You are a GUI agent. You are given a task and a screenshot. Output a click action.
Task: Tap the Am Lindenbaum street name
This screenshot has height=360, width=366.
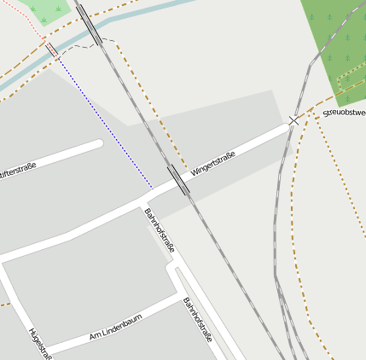(x=115, y=328)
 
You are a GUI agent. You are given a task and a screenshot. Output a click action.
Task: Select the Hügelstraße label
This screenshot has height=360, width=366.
(x=40, y=343)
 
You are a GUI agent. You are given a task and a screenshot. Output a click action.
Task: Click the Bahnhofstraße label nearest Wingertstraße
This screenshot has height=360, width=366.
(x=160, y=229)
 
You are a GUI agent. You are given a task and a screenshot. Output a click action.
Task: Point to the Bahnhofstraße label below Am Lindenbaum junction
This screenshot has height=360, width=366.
(x=198, y=319)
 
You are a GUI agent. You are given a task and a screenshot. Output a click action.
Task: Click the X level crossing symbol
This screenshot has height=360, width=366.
(x=294, y=120)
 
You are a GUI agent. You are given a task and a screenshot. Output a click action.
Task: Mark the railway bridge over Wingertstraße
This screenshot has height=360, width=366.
(x=179, y=179)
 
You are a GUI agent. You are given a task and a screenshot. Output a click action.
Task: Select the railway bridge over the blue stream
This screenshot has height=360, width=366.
(x=90, y=26)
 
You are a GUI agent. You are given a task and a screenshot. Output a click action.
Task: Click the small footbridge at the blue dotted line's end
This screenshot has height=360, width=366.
(x=52, y=50)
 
